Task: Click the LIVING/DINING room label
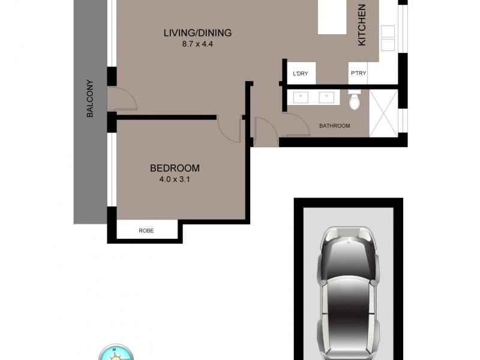tap(197, 33)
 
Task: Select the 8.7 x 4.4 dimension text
tap(197, 44)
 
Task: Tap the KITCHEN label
tap(362, 25)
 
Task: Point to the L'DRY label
tap(300, 74)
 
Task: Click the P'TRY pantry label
tap(358, 74)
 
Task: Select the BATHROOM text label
tap(334, 126)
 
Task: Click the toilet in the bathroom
tap(355, 101)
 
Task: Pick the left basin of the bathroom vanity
tap(301, 96)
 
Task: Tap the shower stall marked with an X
tap(383, 113)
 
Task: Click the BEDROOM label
tap(175, 168)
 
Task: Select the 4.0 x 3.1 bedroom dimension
tap(175, 179)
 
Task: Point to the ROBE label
tap(146, 230)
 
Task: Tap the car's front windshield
tap(347, 264)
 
